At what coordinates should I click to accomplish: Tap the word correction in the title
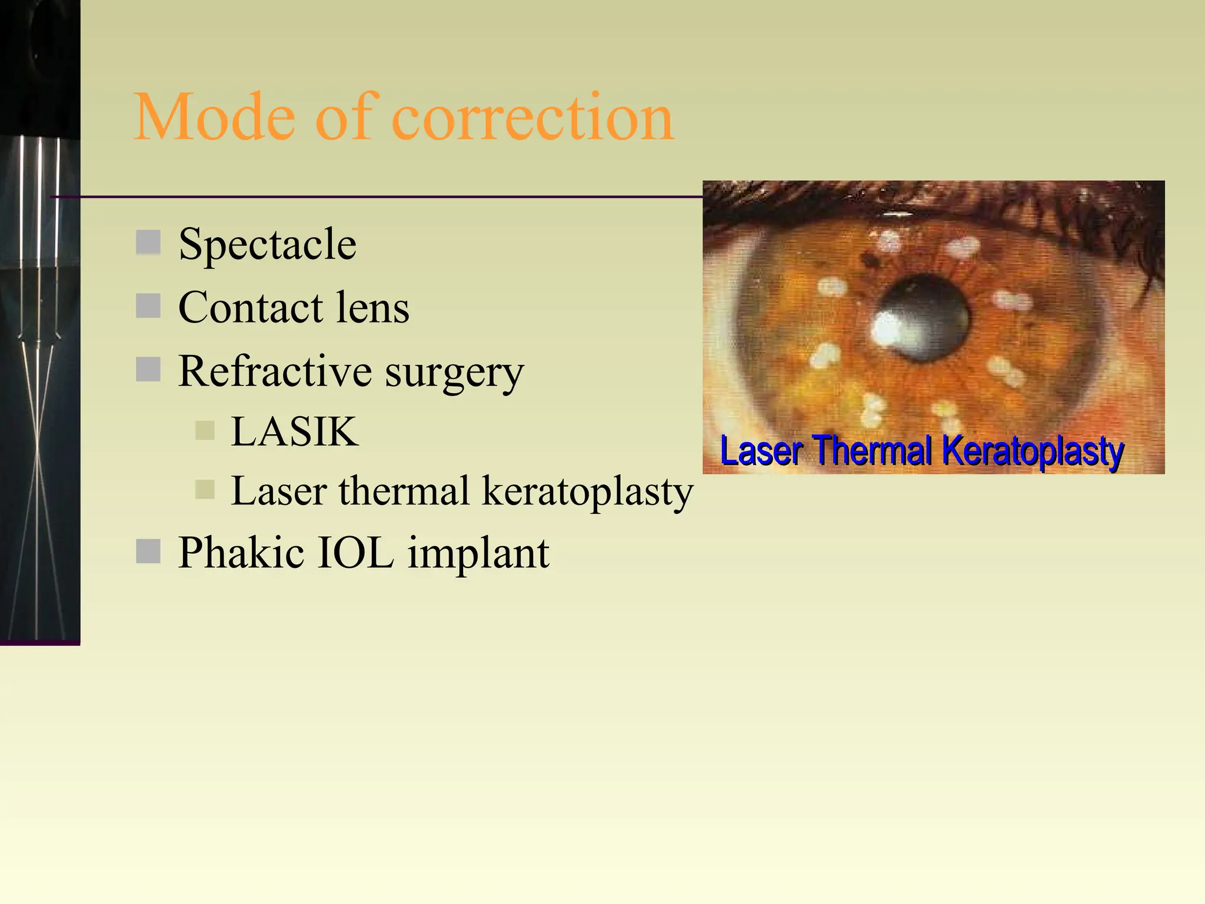click(x=532, y=118)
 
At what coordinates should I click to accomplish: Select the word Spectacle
click(x=267, y=244)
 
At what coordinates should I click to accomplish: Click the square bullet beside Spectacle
click(x=148, y=242)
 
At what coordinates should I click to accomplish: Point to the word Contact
click(x=251, y=307)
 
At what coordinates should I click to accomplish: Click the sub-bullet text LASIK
click(x=294, y=431)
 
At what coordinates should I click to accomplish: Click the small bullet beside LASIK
click(x=205, y=430)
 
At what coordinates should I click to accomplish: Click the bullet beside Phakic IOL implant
click(x=148, y=551)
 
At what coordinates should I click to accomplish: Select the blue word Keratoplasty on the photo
click(x=1033, y=451)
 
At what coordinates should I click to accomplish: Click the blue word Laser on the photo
click(x=761, y=451)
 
